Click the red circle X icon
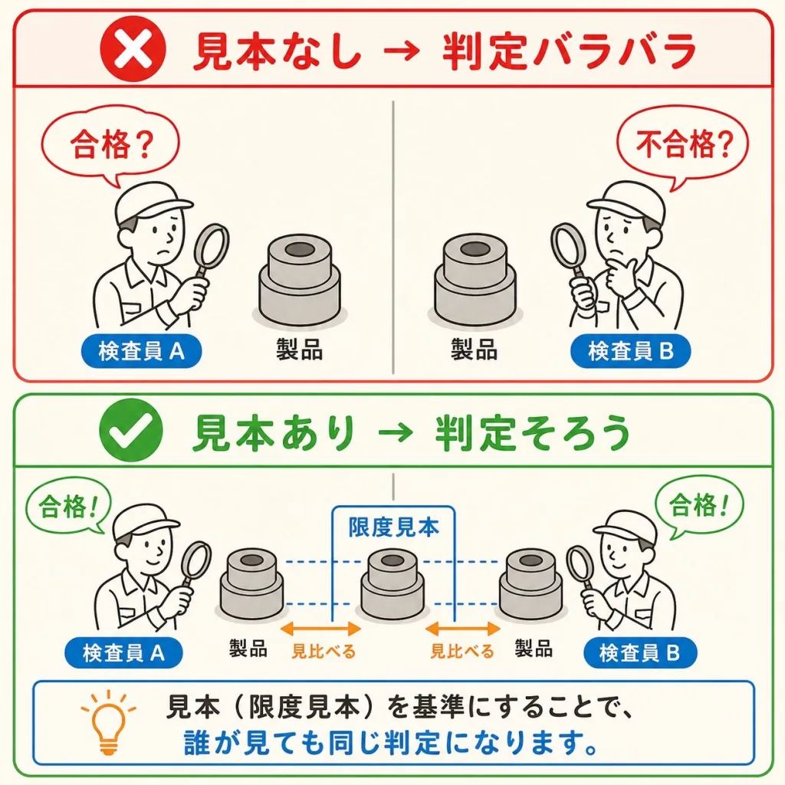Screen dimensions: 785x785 [x=133, y=49]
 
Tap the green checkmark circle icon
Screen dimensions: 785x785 [x=131, y=431]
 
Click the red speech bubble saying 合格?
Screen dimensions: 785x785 [x=110, y=145]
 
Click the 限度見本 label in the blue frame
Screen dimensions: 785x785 [x=393, y=527]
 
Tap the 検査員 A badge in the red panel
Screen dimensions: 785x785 [x=142, y=351]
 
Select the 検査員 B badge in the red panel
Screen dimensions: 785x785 [x=630, y=351]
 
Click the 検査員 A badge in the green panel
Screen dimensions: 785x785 [x=123, y=653]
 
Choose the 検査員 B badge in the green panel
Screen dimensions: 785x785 [x=640, y=653]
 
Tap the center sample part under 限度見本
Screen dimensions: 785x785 [x=393, y=582]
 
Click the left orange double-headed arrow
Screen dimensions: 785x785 [x=321, y=629]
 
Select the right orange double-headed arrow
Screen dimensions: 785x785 [x=462, y=629]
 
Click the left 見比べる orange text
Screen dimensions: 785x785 [x=324, y=652]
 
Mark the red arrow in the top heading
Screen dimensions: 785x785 [x=403, y=51]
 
